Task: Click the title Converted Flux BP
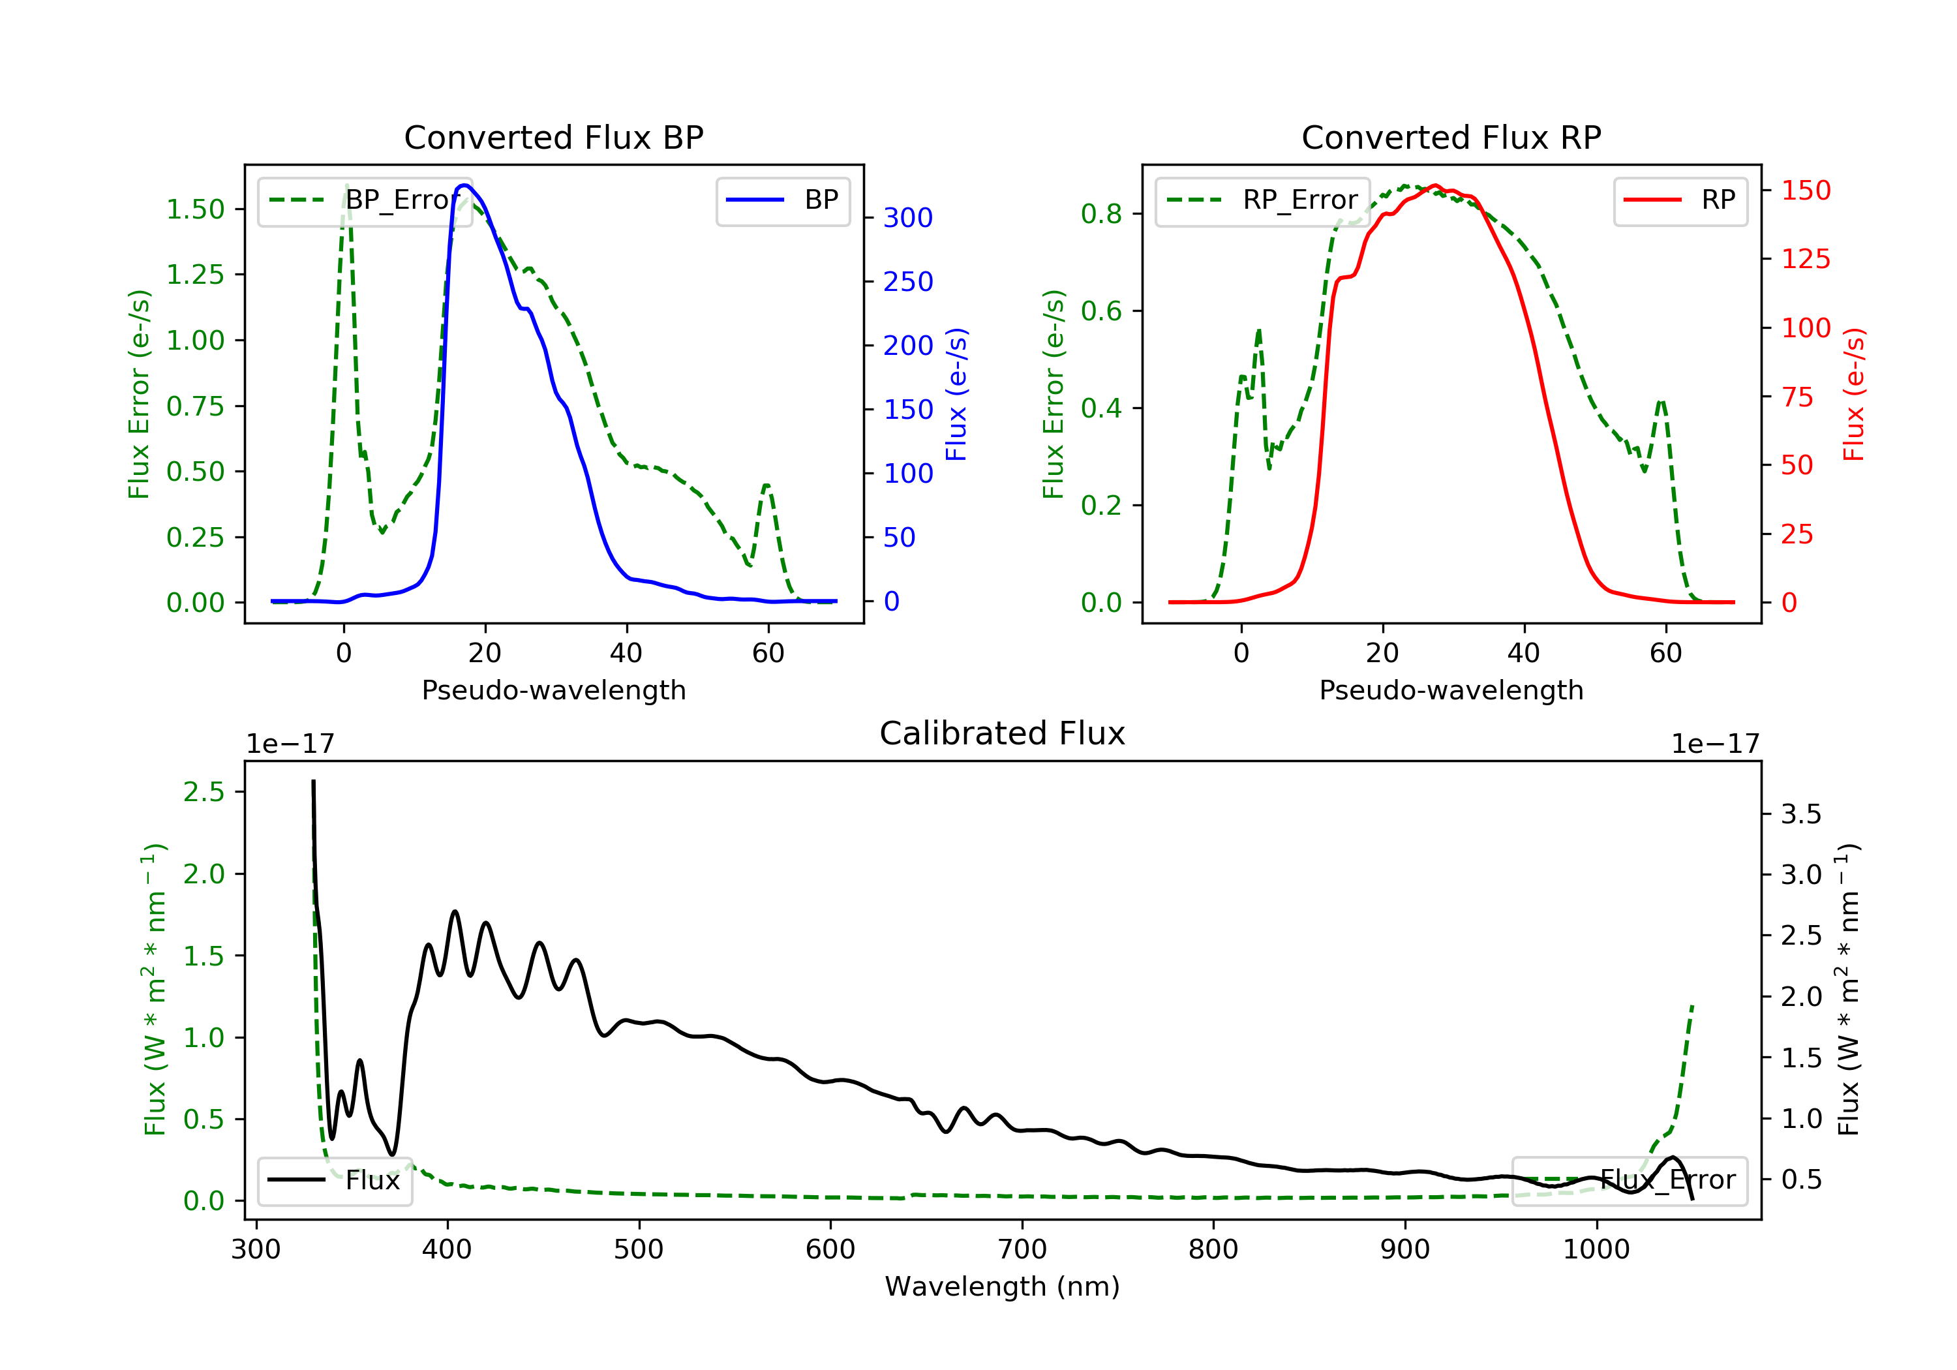point(553,137)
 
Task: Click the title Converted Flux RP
point(1451,137)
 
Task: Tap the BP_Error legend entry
point(365,200)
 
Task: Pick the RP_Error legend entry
point(1262,200)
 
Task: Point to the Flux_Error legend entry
point(1629,1180)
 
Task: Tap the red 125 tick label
point(1805,258)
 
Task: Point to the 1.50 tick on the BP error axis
point(195,209)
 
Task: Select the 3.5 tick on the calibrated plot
point(1800,814)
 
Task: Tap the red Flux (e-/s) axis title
point(1854,395)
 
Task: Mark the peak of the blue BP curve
point(464,185)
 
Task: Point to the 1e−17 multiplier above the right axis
point(1715,744)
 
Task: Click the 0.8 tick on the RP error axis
point(1101,214)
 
